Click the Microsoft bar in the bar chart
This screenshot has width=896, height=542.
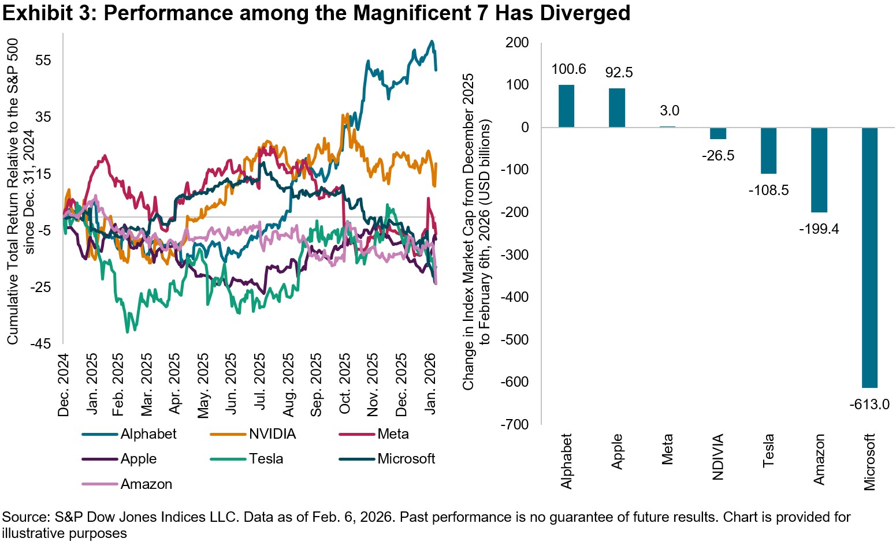tap(869, 257)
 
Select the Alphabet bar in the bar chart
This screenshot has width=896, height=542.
tap(566, 106)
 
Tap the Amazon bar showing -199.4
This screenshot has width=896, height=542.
tap(819, 170)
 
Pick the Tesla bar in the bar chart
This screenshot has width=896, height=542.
tap(768, 151)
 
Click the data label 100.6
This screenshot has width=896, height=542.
tap(568, 69)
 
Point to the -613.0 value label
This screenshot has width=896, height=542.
tap(869, 404)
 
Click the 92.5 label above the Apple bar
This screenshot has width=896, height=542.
tap(619, 73)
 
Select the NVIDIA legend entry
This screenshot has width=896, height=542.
tap(272, 434)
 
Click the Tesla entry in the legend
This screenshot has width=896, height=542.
tap(266, 459)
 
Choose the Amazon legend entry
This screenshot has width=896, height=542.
tap(146, 484)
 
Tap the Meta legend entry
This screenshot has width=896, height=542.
tap(393, 434)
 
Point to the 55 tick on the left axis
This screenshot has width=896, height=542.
tap(43, 61)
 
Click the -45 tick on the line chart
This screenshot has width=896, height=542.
tap(40, 344)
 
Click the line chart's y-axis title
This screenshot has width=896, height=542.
tap(20, 190)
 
